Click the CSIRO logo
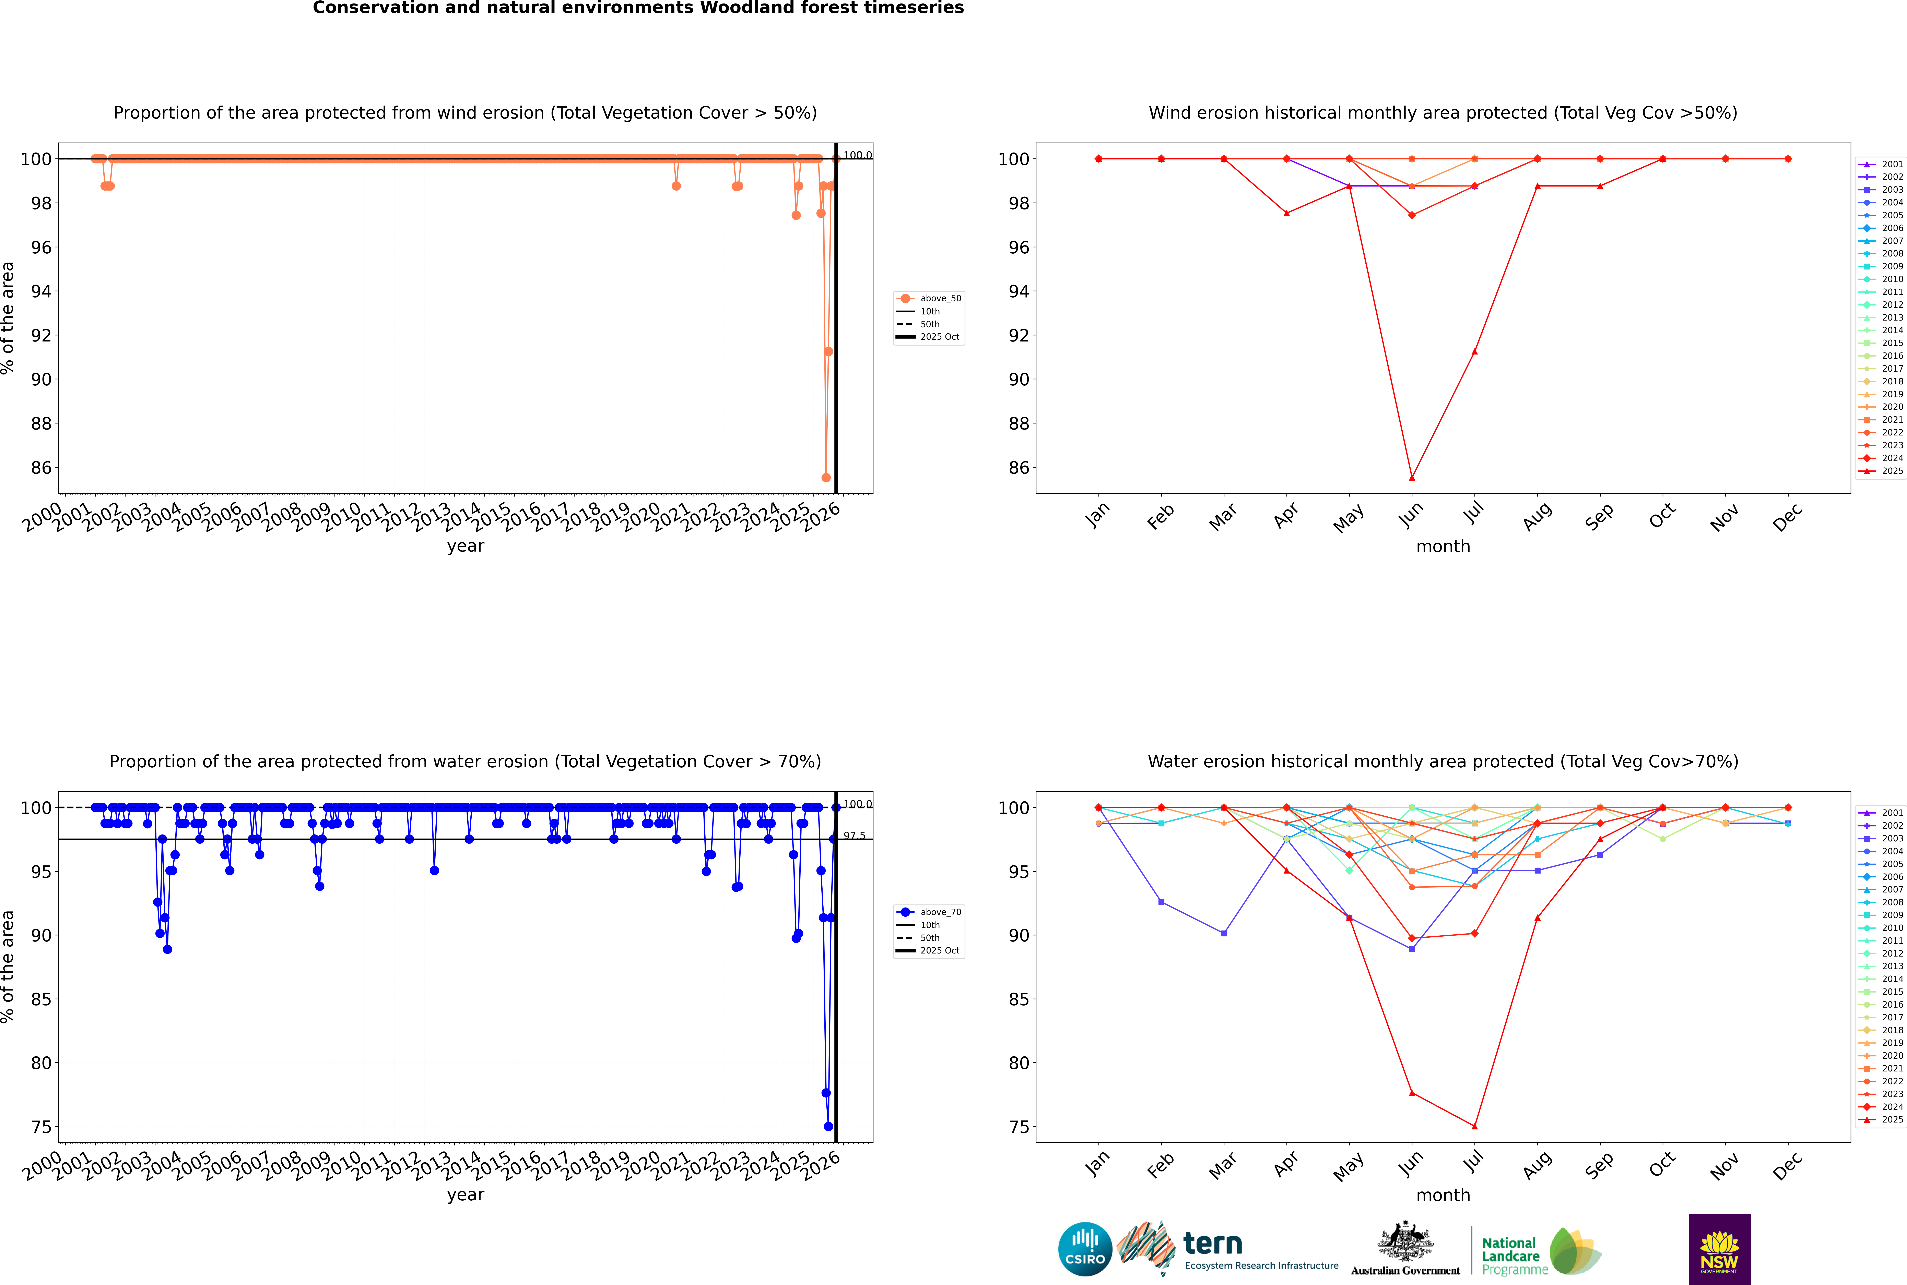(x=1085, y=1249)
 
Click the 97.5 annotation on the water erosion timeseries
(x=854, y=836)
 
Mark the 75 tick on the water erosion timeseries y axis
(x=41, y=1127)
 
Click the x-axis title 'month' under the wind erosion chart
(x=1443, y=547)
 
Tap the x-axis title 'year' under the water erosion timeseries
(x=466, y=1195)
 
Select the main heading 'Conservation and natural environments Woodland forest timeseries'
(x=638, y=8)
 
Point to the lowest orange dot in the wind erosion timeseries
(x=826, y=478)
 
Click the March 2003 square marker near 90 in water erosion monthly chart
(x=1224, y=933)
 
